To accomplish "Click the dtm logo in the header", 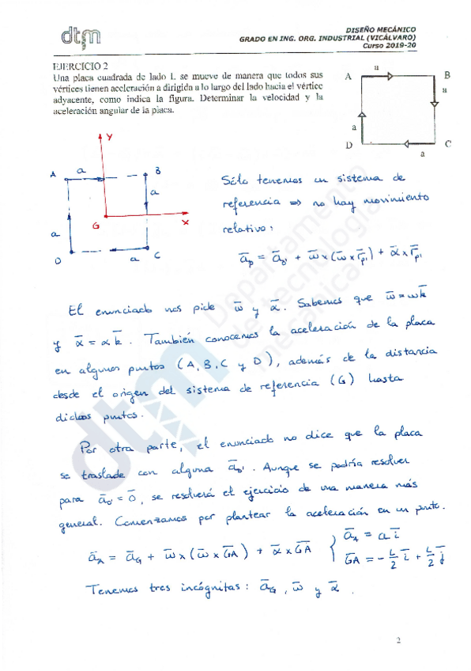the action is [x=80, y=35].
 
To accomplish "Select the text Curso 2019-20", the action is [x=388, y=45].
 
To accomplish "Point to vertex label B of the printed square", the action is [x=447, y=75].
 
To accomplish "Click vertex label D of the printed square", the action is [x=349, y=146].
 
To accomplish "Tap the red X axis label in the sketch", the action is [x=185, y=223].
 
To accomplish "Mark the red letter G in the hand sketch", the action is [x=95, y=226].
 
